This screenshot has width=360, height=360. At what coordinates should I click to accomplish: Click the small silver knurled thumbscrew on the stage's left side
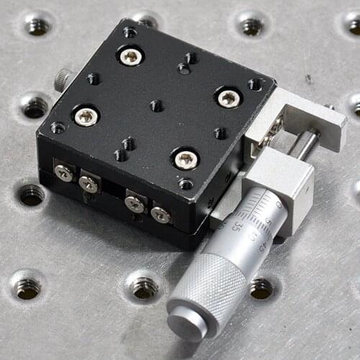pos(63,79)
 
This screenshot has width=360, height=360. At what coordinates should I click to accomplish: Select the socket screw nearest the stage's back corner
pos(131,55)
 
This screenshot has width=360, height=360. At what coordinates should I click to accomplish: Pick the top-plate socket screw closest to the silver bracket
pos(228,97)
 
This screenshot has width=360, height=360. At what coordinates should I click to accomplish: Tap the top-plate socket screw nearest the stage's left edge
pos(86,116)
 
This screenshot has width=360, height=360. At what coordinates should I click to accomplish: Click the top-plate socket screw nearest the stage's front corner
pos(186,158)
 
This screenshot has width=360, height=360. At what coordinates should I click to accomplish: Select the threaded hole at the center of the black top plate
pos(156,106)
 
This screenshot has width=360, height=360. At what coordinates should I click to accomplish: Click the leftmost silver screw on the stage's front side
pos(64,172)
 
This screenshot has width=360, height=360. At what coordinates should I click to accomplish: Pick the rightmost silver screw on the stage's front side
pos(161,214)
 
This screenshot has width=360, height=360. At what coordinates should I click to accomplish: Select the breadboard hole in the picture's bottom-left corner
pos(27,287)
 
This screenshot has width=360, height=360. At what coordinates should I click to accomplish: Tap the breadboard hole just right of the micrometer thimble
pos(261,287)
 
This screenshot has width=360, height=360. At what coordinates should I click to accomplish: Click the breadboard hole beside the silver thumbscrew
pos(35,107)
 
